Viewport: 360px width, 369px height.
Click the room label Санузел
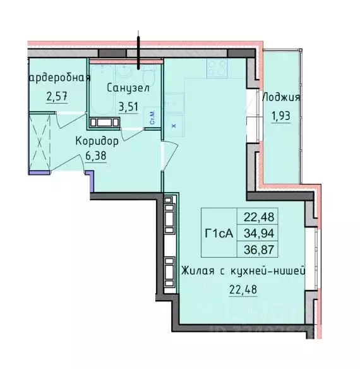[128, 88]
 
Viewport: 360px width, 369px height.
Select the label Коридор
[97, 140]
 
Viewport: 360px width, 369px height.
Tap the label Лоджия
[280, 98]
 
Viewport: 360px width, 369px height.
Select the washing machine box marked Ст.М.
[152, 116]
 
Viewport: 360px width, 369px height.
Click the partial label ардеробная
[60, 78]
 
